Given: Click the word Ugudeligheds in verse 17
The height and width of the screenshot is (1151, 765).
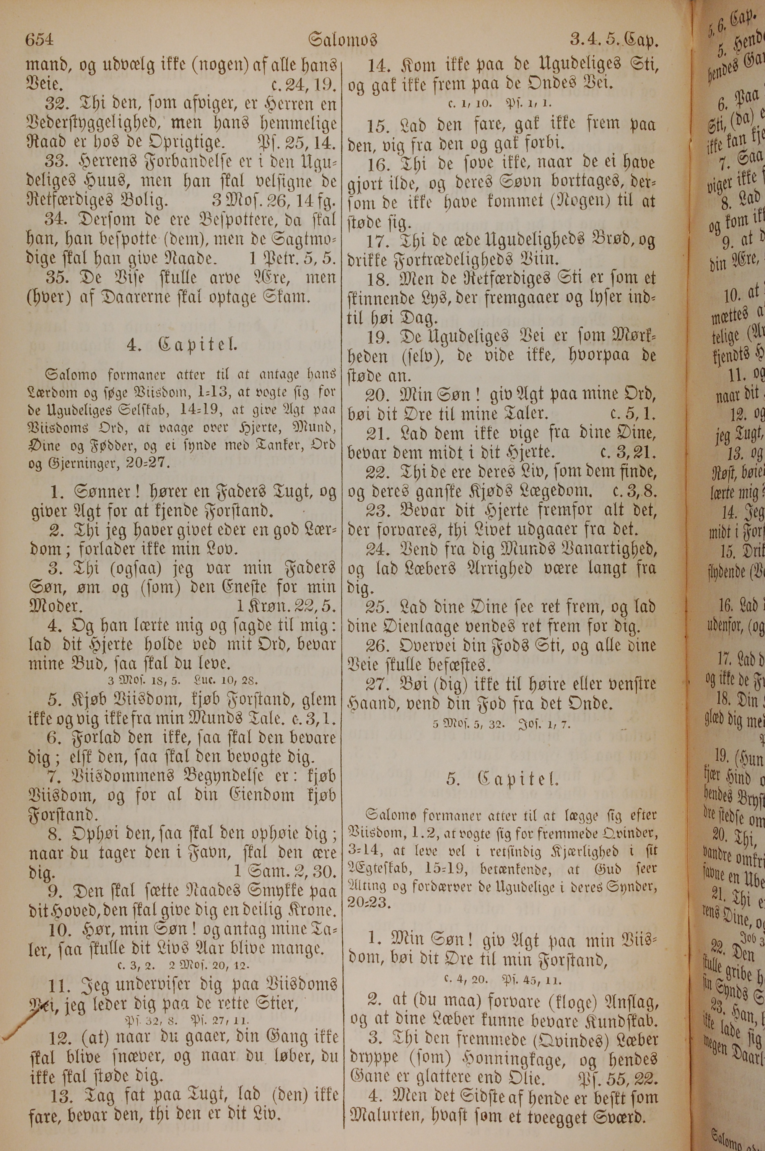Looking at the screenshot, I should tap(526, 241).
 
